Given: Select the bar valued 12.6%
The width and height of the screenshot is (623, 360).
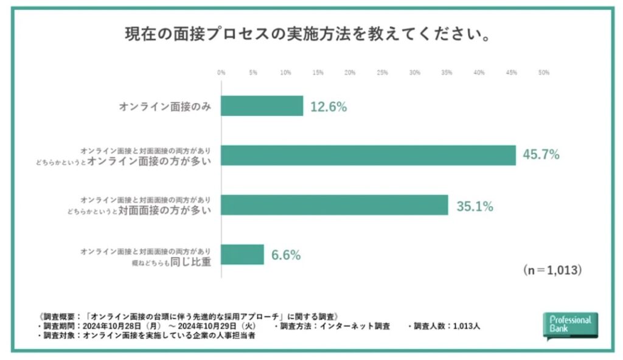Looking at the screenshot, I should tap(262, 106).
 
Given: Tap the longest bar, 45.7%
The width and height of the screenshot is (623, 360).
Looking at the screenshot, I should tap(368, 155).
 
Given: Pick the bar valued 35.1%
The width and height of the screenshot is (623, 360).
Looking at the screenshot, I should tap(334, 205).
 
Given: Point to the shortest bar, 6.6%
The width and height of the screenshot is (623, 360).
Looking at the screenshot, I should tap(242, 254).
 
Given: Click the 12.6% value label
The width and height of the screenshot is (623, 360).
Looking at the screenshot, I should tap(329, 106).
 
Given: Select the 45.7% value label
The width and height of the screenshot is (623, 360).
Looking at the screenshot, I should tap(541, 155).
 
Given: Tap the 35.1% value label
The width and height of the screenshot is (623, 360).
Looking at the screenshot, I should tap(475, 206).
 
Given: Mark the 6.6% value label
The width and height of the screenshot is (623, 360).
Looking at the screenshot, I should tap(285, 255).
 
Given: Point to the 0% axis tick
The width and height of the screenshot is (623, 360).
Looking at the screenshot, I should tap(221, 72).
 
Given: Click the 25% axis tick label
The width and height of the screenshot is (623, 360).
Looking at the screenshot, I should tap(382, 72).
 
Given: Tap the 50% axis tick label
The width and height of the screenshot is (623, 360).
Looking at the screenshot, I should tap(544, 72).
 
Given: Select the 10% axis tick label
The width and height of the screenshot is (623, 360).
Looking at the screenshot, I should tap(285, 72).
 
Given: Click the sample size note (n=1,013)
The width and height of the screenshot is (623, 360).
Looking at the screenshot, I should tap(552, 270).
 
